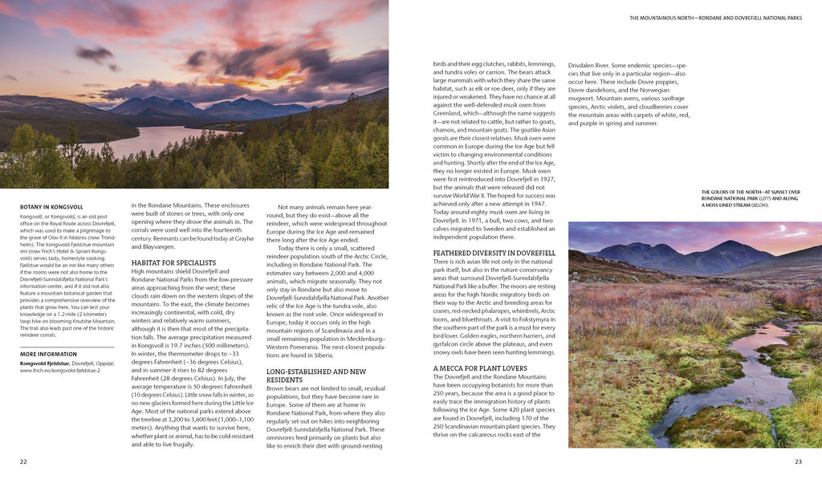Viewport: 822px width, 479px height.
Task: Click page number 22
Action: click(x=23, y=461)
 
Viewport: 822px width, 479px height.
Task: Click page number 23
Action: click(x=798, y=461)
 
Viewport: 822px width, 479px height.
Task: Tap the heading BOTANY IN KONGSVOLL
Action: click(x=53, y=207)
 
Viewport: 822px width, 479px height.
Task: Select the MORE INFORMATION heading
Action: click(x=48, y=354)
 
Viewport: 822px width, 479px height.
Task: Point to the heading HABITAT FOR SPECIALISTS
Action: click(x=173, y=262)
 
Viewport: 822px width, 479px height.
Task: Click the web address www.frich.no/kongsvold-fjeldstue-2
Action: click(x=66, y=371)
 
